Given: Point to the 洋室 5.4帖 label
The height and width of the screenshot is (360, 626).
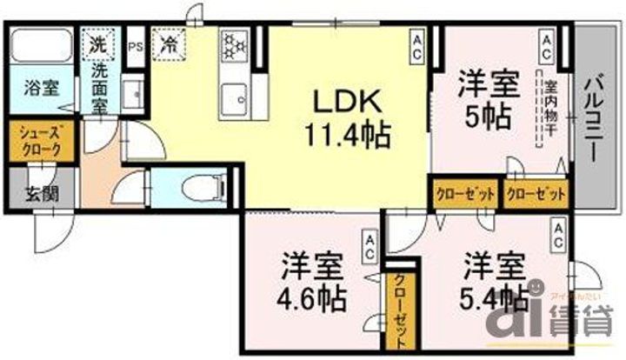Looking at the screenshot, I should point(492,280).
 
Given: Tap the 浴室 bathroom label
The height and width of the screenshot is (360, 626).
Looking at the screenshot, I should point(41,88).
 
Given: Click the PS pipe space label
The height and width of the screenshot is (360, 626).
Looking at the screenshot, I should point(135,46).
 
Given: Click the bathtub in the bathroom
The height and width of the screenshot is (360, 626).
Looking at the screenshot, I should point(42,46).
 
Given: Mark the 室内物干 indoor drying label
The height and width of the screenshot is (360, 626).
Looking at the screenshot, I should point(550,110).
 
